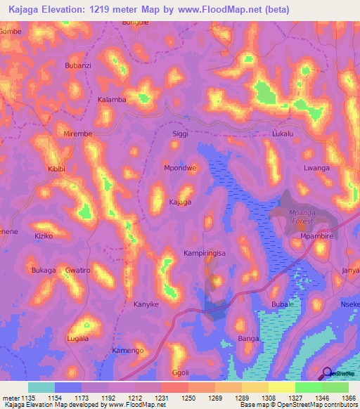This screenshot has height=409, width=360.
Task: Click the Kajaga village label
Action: [x=180, y=202]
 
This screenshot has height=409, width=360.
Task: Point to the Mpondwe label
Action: [x=179, y=168]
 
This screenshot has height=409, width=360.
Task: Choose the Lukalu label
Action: [x=282, y=133]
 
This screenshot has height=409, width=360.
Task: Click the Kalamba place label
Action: [x=112, y=99]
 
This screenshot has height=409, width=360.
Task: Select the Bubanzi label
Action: [x=78, y=65]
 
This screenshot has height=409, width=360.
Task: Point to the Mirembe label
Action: [x=78, y=133]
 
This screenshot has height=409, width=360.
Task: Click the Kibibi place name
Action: [x=56, y=169]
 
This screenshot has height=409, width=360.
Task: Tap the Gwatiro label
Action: [x=78, y=270]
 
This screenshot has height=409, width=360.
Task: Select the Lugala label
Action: [x=77, y=338]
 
